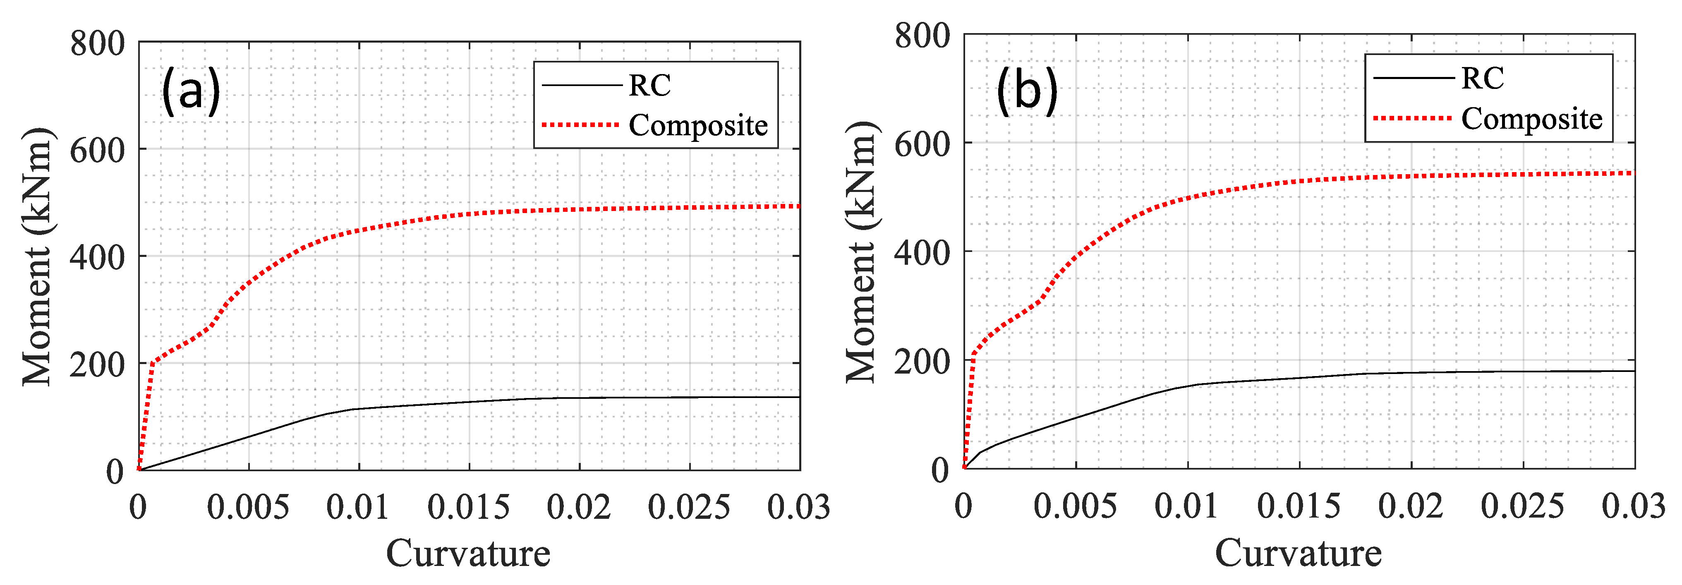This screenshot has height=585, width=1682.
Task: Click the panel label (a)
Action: [x=191, y=91]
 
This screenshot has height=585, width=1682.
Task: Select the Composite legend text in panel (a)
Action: [x=698, y=125]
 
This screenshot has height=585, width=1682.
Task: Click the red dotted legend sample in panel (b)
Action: [x=1412, y=118]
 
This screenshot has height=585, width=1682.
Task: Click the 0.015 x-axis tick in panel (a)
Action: [x=468, y=507]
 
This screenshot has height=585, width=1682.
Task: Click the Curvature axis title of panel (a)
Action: [x=468, y=554]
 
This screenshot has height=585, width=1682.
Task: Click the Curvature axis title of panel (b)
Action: [x=1298, y=553]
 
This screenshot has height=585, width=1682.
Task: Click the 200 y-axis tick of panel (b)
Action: [x=922, y=361]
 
